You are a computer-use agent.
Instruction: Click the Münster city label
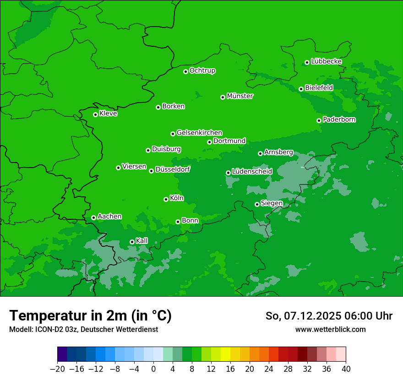coord(240,96)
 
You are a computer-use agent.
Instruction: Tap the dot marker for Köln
coord(166,199)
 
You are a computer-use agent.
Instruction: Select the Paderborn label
coord(339,119)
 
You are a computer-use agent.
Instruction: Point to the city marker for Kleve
coord(95,114)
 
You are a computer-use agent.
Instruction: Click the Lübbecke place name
coord(326,61)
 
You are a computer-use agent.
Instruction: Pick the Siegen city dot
coord(257,204)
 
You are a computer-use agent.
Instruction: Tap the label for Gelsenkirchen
coord(199,133)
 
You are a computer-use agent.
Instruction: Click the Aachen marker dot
coord(93,217)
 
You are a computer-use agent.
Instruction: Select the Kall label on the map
coord(142,241)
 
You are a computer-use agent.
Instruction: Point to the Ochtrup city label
coord(202,71)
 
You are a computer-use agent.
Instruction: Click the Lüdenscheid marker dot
coord(228,173)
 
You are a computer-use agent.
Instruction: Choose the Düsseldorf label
coord(173,169)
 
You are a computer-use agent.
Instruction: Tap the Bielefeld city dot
coord(301,89)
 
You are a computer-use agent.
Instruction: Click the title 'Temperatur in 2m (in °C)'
coord(90,315)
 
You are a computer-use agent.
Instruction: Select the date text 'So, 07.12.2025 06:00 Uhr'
coord(329,316)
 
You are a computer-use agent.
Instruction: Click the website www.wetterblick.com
coord(330,329)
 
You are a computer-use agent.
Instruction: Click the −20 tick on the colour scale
coord(57,369)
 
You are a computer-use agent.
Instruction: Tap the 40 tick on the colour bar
coord(346,369)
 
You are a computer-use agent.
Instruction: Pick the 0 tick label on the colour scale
coord(153,369)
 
